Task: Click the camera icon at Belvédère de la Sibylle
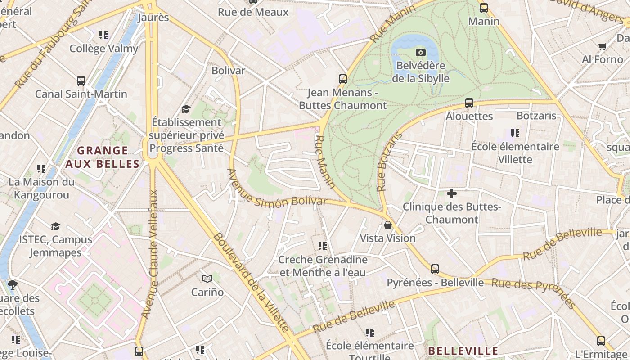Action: tap(420, 53)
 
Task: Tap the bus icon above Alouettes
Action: tap(469, 103)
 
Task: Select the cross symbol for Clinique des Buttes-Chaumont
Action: tap(451, 194)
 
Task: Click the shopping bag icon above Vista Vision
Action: tap(388, 225)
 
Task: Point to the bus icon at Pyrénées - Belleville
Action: tap(435, 269)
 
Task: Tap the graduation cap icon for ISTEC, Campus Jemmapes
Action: tap(55, 226)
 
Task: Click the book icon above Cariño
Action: tap(207, 279)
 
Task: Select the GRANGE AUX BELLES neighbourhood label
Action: tap(103, 157)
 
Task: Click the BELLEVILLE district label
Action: tap(463, 351)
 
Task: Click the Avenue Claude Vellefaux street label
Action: tap(151, 254)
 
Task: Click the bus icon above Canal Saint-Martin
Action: tap(81, 81)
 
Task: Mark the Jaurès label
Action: tap(153, 18)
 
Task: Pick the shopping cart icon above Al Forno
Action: tap(602, 46)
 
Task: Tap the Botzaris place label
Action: tap(536, 116)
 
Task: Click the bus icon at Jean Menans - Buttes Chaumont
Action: tap(342, 79)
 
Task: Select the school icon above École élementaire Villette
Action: tap(515, 133)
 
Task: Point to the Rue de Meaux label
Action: tap(253, 12)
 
